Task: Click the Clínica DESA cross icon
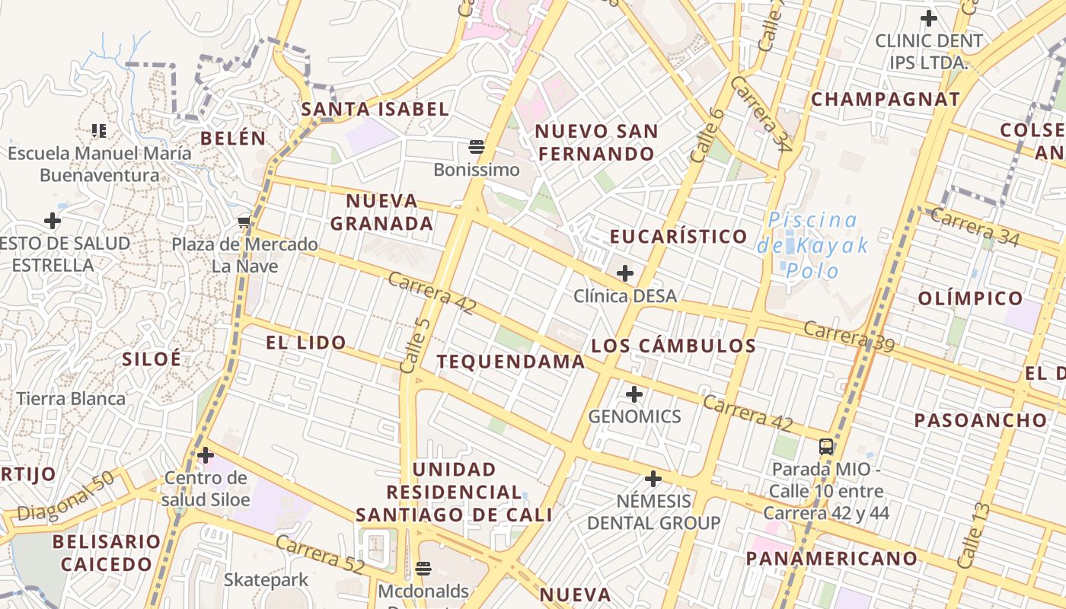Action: [625, 273]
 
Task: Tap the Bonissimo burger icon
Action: [477, 146]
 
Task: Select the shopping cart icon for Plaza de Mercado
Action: [244, 222]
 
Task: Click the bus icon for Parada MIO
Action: [826, 446]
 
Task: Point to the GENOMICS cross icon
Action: [634, 394]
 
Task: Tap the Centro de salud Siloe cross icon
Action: [206, 455]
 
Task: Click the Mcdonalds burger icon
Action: [423, 568]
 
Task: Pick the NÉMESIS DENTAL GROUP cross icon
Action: [653, 479]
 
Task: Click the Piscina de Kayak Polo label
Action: [812, 245]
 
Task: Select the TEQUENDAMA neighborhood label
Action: [511, 362]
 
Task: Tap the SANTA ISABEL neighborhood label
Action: [375, 109]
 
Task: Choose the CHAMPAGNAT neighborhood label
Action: [886, 99]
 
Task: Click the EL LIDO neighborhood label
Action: [306, 343]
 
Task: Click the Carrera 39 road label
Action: [849, 336]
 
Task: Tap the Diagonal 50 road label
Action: [65, 496]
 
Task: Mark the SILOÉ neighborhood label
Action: [152, 359]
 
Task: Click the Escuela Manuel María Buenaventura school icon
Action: [99, 131]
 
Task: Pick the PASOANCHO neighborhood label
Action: [981, 420]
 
